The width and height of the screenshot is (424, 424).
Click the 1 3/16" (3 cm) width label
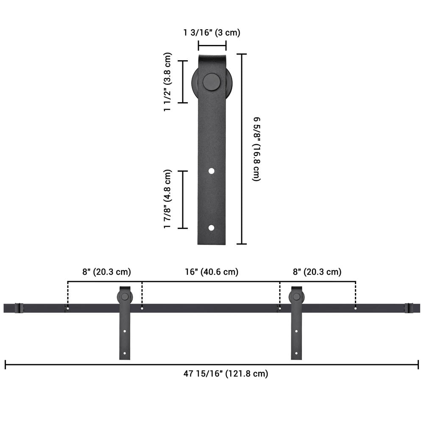[212, 33]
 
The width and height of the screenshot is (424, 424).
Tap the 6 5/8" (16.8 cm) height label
[257, 149]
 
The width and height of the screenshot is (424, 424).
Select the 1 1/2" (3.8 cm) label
[167, 82]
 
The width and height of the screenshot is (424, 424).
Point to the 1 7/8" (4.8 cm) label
[167, 199]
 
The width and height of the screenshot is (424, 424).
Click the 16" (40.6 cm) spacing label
[212, 272]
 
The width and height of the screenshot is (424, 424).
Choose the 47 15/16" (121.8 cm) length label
[226, 374]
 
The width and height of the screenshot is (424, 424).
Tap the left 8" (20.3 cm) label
[106, 272]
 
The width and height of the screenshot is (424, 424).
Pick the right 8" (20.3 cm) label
[317, 272]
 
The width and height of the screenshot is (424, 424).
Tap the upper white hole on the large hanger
[212, 171]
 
